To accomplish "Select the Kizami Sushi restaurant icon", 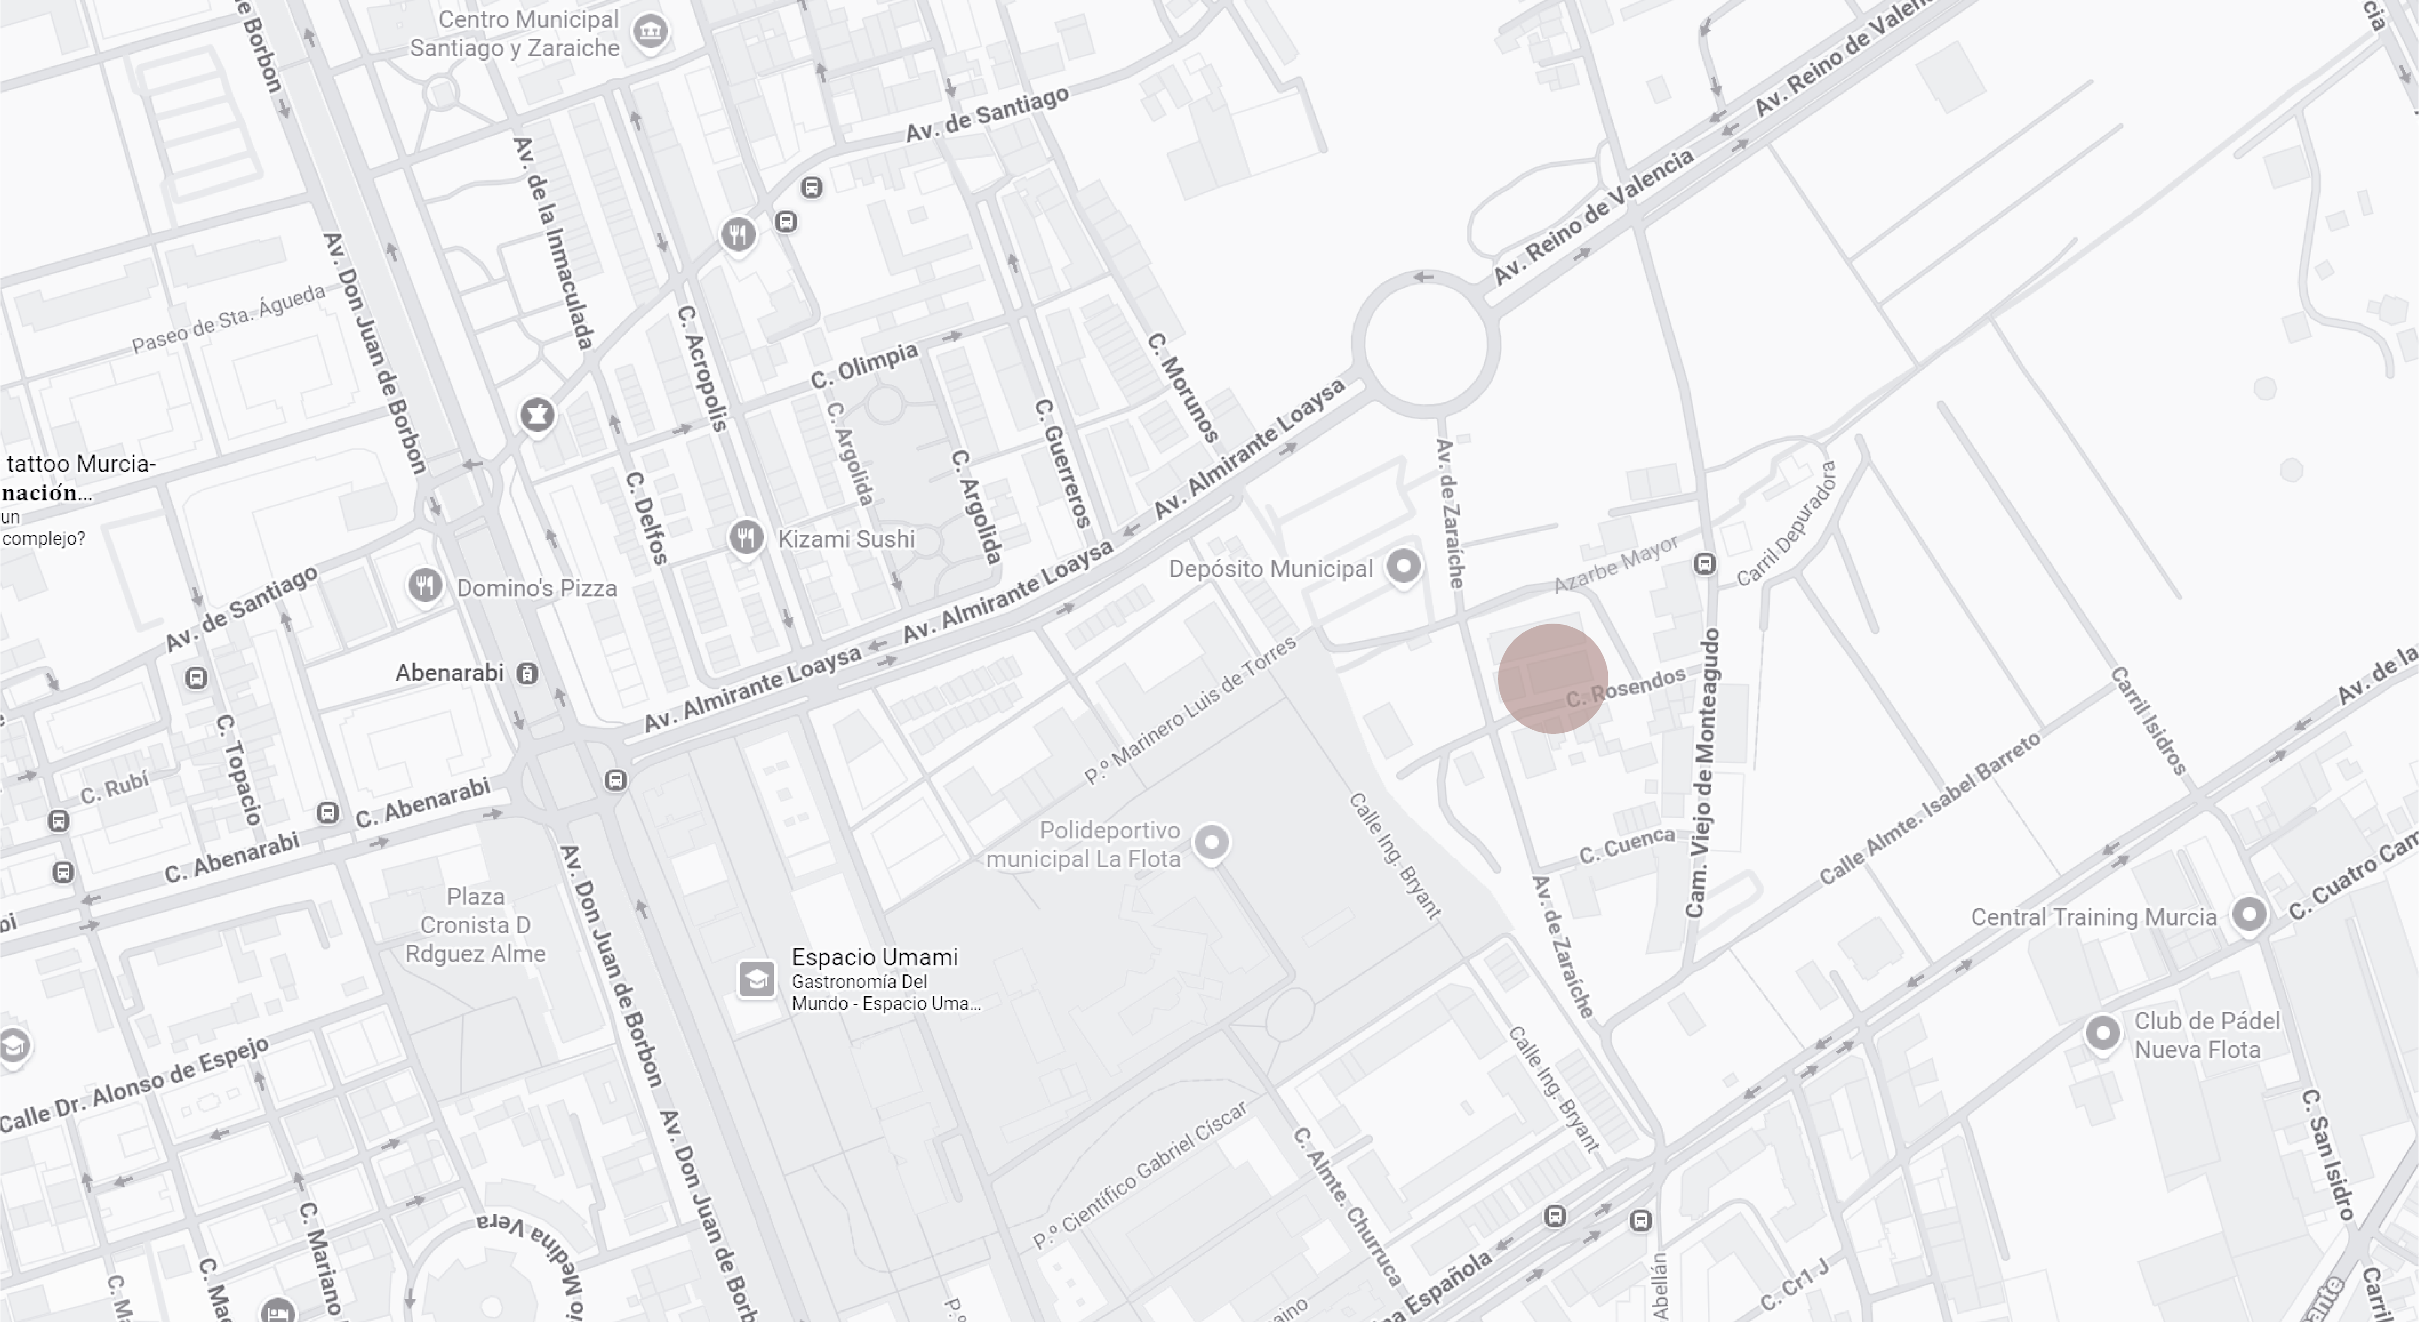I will (745, 538).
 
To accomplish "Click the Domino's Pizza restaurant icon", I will (424, 587).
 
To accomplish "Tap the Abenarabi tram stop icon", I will (528, 673).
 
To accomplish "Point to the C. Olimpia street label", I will (864, 365).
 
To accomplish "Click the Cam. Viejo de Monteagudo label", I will (1704, 773).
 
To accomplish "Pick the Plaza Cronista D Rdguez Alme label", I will (475, 925).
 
